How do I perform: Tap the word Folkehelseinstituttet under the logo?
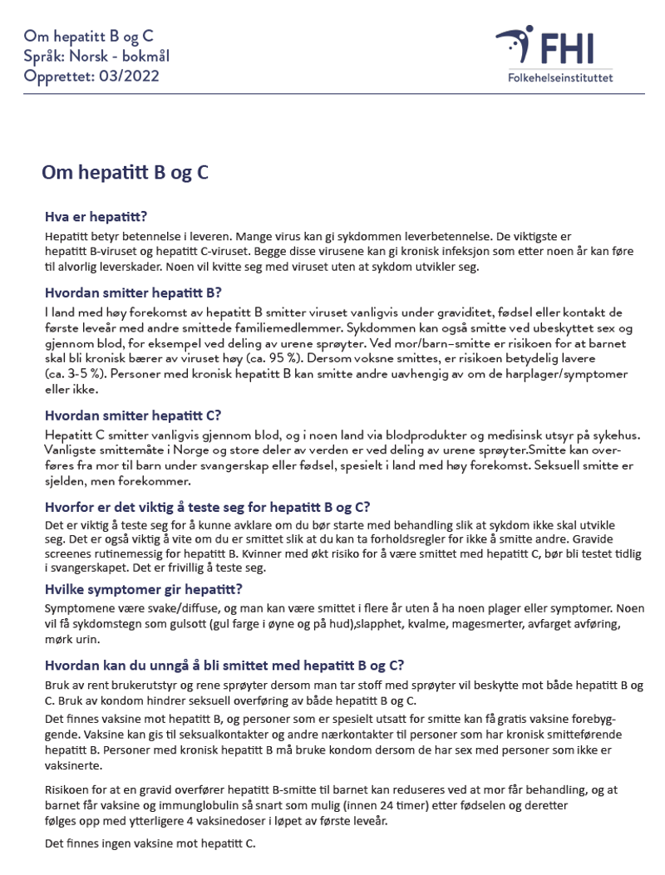coord(559,79)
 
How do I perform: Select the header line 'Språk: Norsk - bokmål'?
coord(96,57)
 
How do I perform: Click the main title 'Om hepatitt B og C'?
coord(125,173)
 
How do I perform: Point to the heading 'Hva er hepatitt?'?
coord(96,218)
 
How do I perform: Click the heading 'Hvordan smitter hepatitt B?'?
coord(133,292)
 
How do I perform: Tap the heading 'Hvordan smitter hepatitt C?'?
coord(133,415)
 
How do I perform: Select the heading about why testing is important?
coord(207,508)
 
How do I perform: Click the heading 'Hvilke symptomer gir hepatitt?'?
coord(143,589)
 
